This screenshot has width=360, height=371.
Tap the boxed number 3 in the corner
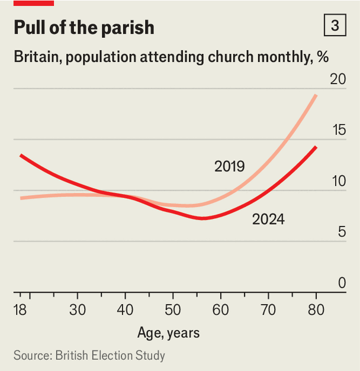point(336,27)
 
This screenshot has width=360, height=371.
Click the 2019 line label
point(229,167)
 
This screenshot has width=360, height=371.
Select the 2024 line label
point(268,220)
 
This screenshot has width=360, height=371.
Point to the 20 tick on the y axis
point(338,79)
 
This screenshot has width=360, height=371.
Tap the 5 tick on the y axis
point(342,232)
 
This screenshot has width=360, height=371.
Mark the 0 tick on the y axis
point(342,283)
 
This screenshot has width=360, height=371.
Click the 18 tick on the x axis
point(21,310)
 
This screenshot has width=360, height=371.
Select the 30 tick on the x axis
point(77,310)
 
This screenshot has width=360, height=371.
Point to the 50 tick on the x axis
point(172,310)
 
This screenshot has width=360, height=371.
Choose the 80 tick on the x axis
point(316,310)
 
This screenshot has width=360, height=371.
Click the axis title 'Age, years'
point(169,333)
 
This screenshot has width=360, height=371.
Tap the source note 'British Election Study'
point(110,356)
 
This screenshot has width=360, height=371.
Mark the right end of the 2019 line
point(316,95)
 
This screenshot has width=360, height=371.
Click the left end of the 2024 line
point(21,155)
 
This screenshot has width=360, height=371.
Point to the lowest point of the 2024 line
point(203,218)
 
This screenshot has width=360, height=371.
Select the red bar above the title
point(34,3)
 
